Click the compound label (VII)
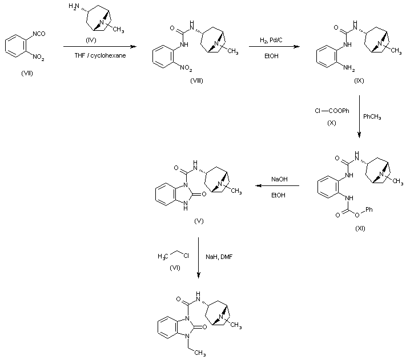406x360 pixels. pyautogui.click(x=27, y=74)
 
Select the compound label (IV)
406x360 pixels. pyautogui.click(x=91, y=40)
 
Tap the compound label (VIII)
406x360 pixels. pyautogui.click(x=197, y=80)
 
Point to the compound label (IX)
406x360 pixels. pyautogui.click(x=359, y=80)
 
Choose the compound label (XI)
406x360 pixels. pyautogui.click(x=360, y=228)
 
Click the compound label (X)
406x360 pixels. pyautogui.click(x=332, y=123)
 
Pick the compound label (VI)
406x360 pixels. pyautogui.click(x=175, y=268)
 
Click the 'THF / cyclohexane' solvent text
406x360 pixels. pyautogui.click(x=100, y=55)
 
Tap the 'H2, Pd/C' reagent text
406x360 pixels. pyautogui.click(x=271, y=40)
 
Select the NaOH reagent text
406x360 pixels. pyautogui.click(x=279, y=179)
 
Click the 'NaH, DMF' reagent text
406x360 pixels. pyautogui.click(x=219, y=257)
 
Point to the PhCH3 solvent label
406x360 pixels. pyautogui.click(x=372, y=116)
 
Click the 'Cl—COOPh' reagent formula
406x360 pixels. pyautogui.click(x=332, y=111)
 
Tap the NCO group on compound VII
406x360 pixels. pyautogui.click(x=39, y=34)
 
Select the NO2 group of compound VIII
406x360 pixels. pyautogui.click(x=186, y=68)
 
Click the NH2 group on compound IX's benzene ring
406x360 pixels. pyautogui.click(x=349, y=68)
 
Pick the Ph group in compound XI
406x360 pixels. pyautogui.click(x=369, y=209)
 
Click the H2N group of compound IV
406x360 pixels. pyautogui.click(x=74, y=6)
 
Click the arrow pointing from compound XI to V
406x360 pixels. pyautogui.click(x=277, y=185)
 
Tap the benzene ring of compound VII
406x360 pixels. pyautogui.click(x=15, y=46)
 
